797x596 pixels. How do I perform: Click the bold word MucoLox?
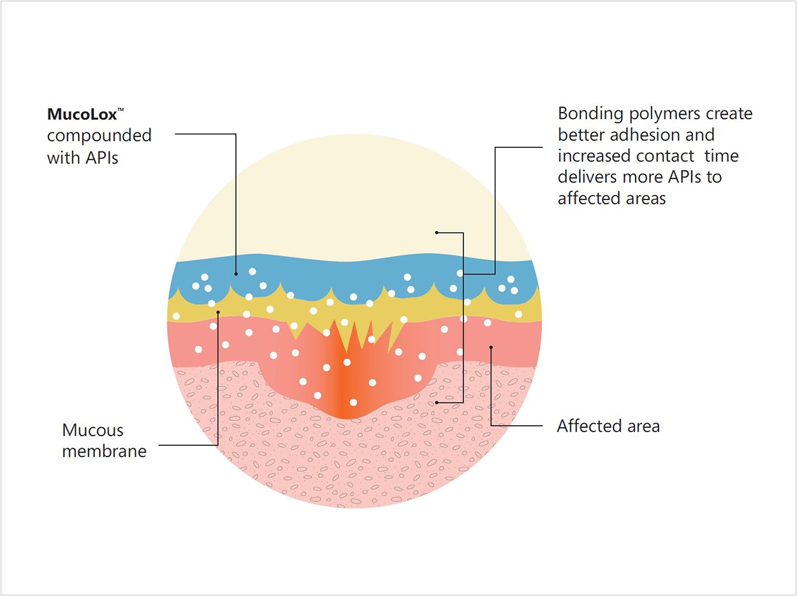click(x=82, y=115)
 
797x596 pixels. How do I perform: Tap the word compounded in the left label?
click(x=99, y=136)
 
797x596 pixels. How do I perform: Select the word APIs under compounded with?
click(x=102, y=158)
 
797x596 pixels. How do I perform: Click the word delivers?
click(x=587, y=177)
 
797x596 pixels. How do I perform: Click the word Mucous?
click(x=93, y=430)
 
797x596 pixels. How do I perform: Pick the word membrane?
click(x=105, y=451)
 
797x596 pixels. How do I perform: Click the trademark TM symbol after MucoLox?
click(x=121, y=109)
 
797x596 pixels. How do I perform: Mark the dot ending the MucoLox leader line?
click(x=236, y=274)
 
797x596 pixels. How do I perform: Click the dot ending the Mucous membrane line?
click(x=218, y=312)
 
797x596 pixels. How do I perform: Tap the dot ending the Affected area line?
click(x=491, y=347)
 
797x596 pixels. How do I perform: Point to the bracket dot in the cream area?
click(x=437, y=232)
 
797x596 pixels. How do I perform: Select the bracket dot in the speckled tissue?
click(x=437, y=402)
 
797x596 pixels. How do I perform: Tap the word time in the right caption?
click(x=722, y=156)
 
